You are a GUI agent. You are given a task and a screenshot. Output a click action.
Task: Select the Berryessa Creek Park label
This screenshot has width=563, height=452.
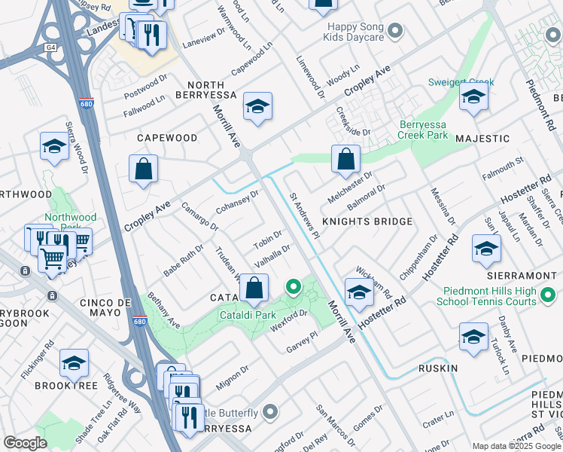coord(415,130)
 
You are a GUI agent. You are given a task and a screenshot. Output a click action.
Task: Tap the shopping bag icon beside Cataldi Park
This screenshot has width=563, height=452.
coord(254,288)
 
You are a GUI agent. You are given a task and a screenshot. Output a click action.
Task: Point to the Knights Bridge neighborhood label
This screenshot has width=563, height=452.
coord(367,221)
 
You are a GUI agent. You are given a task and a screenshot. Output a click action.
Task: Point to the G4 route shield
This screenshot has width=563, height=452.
coord(50,47)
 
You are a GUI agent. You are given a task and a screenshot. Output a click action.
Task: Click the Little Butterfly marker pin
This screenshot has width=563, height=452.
coord(270,412)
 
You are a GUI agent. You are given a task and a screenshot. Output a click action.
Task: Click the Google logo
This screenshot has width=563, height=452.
coord(25,443)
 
